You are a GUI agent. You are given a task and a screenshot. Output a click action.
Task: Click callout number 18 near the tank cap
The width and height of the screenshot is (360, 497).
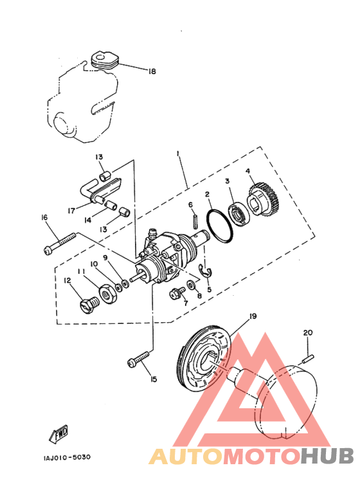click(x=152, y=71)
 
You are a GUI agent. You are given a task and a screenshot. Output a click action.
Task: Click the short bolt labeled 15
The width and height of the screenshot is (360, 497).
click(x=138, y=359)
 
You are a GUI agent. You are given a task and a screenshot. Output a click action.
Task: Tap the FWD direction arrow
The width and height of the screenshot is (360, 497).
click(x=59, y=433)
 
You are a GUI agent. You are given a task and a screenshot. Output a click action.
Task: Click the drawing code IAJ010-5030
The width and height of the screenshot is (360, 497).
click(x=67, y=457)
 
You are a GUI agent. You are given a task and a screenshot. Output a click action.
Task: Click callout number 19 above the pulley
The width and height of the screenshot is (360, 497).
click(x=253, y=316)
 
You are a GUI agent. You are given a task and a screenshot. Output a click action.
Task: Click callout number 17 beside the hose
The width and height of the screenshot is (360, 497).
click(x=72, y=210)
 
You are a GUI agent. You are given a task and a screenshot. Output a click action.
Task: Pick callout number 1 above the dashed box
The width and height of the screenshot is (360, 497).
click(x=178, y=154)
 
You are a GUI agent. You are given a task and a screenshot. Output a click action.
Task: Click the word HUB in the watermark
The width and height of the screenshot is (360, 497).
click(x=327, y=455)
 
